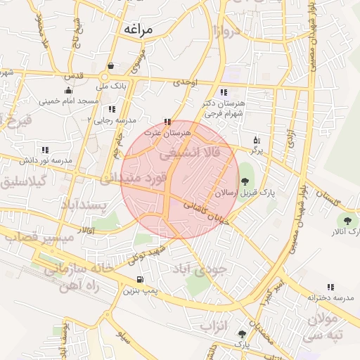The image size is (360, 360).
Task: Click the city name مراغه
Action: point(146,29)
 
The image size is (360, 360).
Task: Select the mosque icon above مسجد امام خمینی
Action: point(67,91)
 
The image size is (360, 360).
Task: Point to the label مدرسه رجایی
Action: point(112,120)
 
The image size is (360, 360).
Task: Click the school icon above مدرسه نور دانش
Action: point(45,150)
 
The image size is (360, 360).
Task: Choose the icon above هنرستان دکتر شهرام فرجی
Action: point(224,92)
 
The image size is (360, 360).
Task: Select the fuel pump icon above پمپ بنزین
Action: point(139,280)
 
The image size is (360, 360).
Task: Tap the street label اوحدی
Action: point(186,82)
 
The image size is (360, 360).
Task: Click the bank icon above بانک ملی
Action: point(111,66)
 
